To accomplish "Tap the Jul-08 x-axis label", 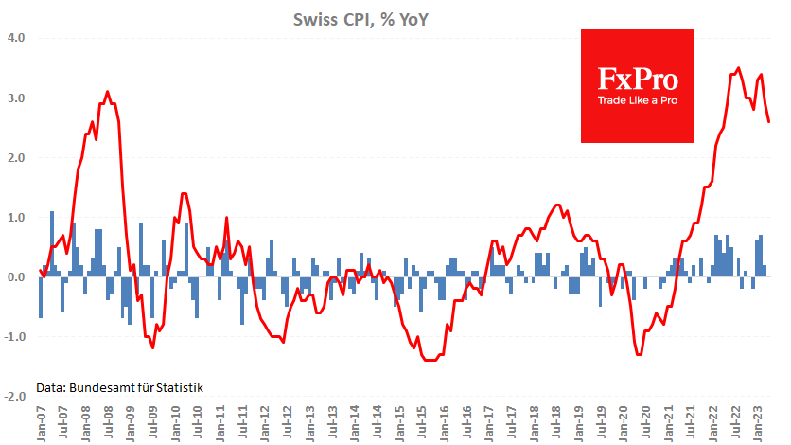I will [109, 423].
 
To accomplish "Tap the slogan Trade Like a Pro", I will [637, 99].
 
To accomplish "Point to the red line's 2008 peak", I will [107, 92].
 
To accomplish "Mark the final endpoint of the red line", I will [768, 121].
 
